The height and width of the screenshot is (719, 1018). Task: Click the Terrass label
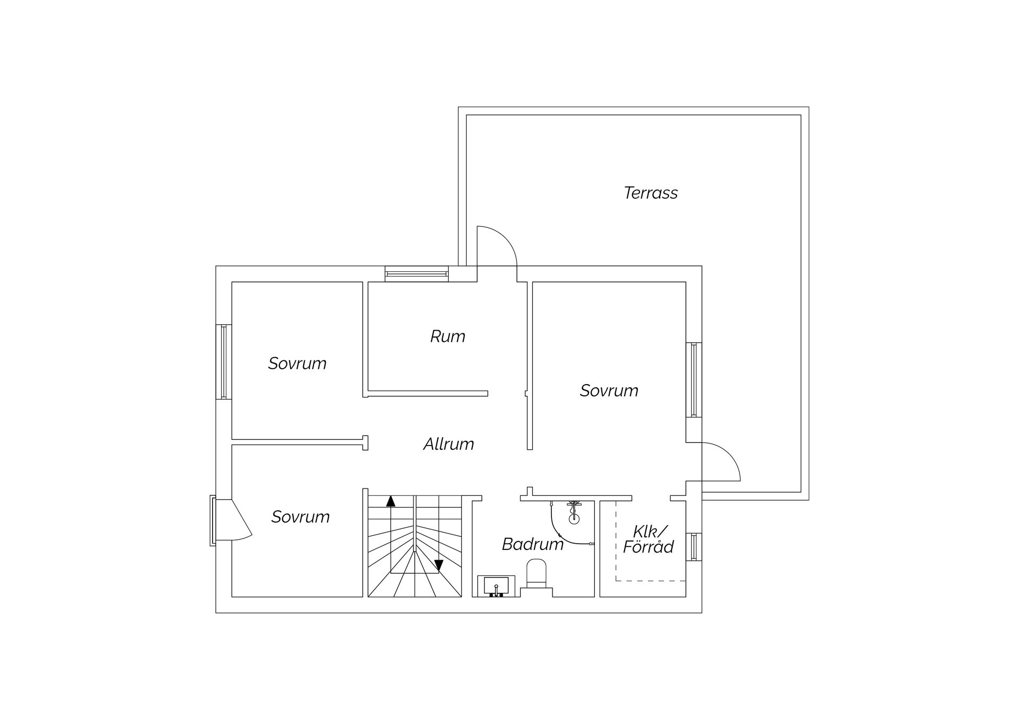pos(651,193)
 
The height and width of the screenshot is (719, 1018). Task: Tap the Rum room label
pos(447,336)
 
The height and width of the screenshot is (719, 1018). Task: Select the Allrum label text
pos(449,444)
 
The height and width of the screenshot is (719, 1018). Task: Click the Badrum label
pos(532,544)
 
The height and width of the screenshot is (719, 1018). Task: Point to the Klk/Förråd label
pos(648,539)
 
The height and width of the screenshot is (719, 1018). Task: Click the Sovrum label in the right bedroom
pos(609,390)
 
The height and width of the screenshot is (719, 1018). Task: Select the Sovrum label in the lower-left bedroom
pos(300,517)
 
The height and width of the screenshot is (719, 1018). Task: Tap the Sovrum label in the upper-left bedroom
pos(297,363)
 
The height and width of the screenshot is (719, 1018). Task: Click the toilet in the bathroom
pos(536,575)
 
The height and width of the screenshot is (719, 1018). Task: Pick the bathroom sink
pos(496,586)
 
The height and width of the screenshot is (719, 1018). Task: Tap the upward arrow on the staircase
pos(391,501)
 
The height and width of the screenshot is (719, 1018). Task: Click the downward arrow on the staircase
pos(438,565)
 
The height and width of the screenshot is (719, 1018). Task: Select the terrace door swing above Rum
pos(496,246)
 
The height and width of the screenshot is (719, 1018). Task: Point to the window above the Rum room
pos(416,273)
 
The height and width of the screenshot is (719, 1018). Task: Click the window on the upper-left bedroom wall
pos(223,361)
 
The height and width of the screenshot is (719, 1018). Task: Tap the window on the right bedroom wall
pos(694,380)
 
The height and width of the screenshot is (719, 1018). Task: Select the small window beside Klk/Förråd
pos(694,547)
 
